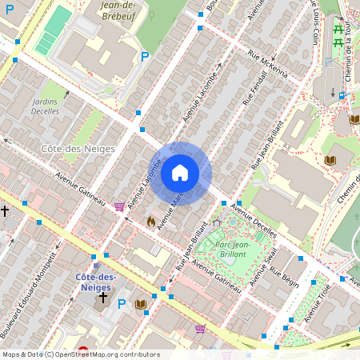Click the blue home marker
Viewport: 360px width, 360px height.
pos(180,173)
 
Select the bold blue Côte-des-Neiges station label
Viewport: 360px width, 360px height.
pos(95,281)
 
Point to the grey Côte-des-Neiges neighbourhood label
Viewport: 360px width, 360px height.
pos(78,149)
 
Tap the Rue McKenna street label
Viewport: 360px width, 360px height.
pos(267,64)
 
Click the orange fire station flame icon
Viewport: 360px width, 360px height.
pos(150,219)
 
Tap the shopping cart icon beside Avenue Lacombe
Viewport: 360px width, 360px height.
pos(119,206)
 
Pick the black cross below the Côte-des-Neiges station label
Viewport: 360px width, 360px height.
pos(102,298)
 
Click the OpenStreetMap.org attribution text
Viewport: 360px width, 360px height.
pos(104,354)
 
